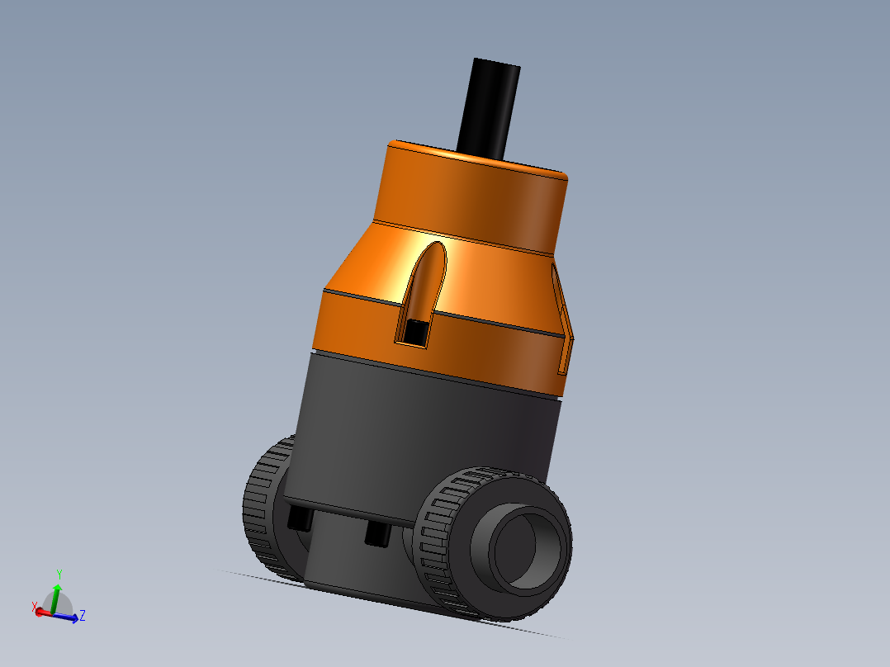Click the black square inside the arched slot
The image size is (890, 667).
(x=414, y=332)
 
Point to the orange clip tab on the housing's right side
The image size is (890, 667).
(x=564, y=322)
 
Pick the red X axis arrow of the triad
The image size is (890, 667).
(x=41, y=612)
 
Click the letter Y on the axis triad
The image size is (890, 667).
(x=59, y=574)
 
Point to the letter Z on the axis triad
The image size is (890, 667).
(x=83, y=615)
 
